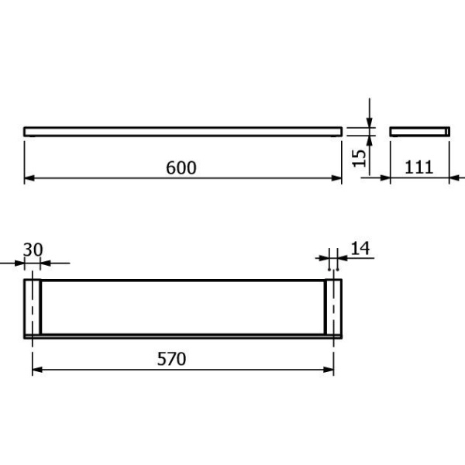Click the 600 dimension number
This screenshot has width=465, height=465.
click(181, 167)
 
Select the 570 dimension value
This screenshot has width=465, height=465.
click(171, 359)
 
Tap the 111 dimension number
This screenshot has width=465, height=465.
click(418, 167)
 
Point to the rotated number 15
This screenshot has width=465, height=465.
click(359, 158)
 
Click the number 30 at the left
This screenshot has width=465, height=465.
click(33, 250)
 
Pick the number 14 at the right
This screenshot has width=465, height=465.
click(360, 248)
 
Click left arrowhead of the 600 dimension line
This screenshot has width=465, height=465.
click(29, 178)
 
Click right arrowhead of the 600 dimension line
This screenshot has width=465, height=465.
click(336, 178)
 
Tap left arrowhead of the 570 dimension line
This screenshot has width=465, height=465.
click(37, 370)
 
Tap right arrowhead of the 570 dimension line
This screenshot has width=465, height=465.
click(329, 370)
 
